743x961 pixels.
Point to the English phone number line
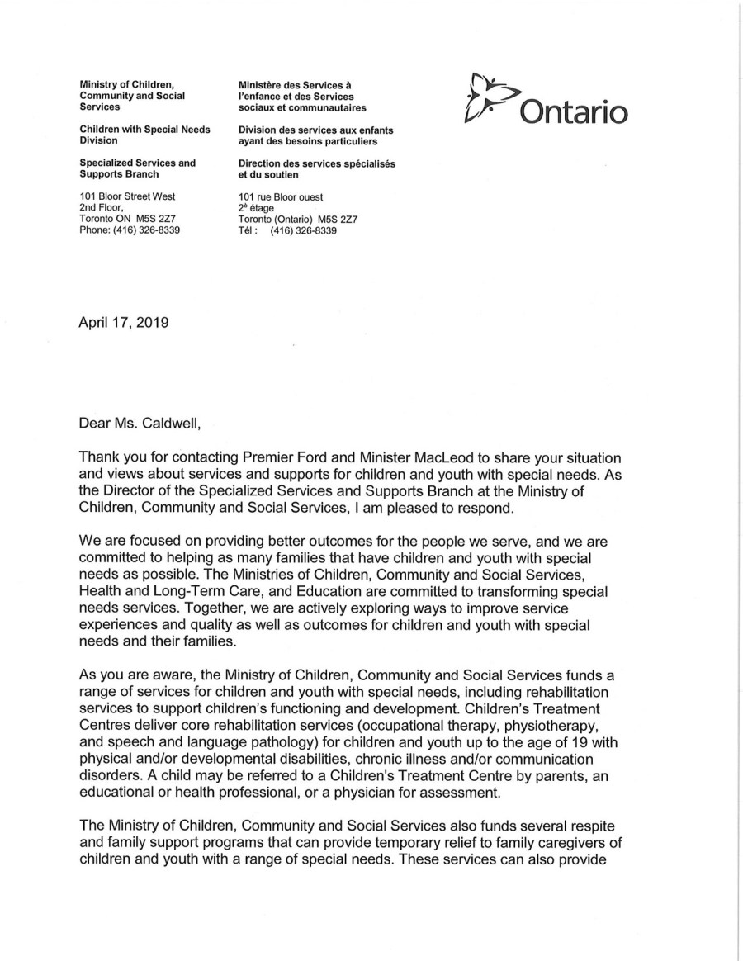coord(130,230)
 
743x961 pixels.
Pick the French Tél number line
coord(287,231)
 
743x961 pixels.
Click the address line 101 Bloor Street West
coord(127,196)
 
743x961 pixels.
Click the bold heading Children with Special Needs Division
coord(144,135)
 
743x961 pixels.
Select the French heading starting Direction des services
coord(316,169)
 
